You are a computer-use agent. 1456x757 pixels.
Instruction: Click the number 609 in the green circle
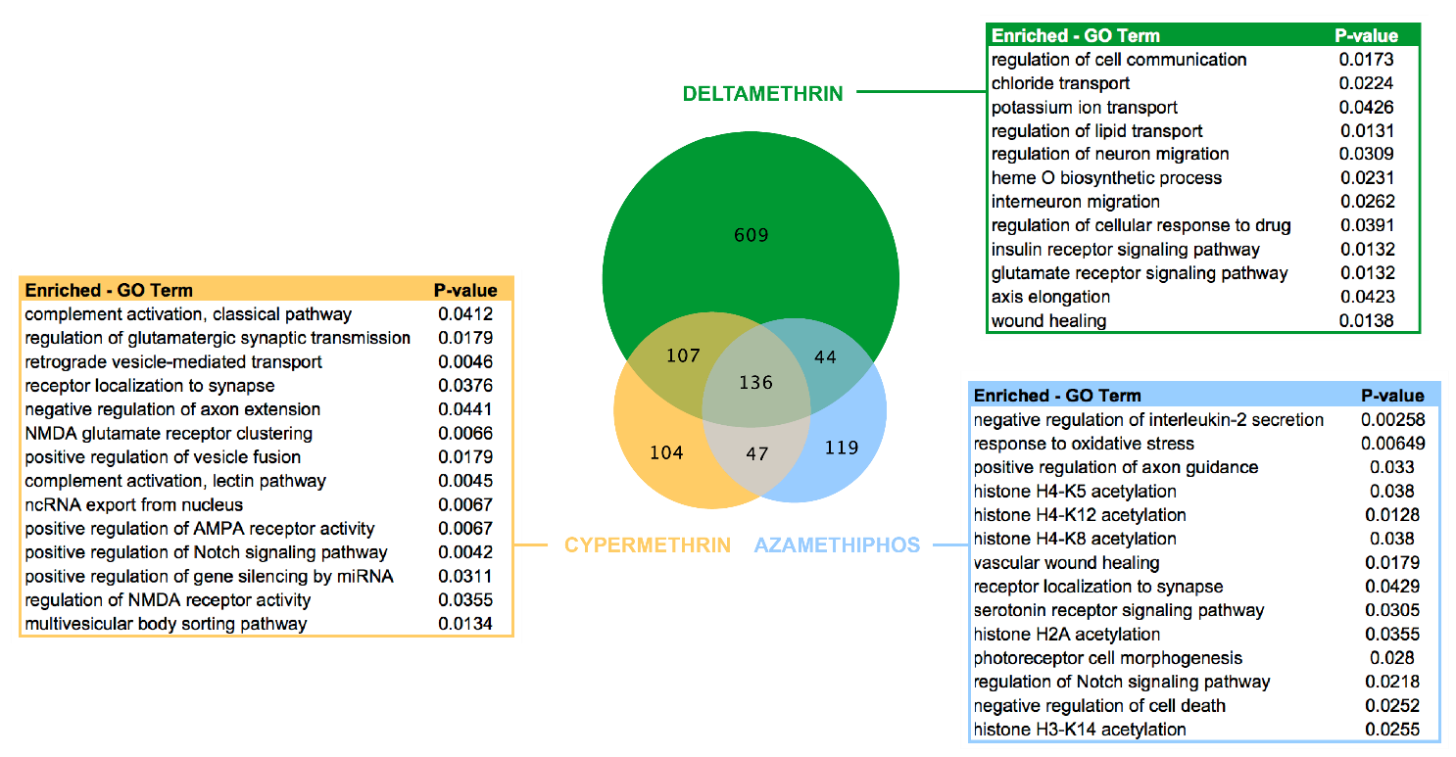click(x=752, y=235)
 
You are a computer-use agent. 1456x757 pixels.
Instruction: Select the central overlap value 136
click(x=756, y=383)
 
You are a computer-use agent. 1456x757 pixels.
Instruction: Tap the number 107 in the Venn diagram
click(x=682, y=355)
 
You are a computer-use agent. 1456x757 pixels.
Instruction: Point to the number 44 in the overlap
click(x=825, y=357)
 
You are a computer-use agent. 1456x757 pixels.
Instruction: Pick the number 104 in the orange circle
click(x=665, y=452)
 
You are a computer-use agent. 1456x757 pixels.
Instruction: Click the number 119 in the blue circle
click(x=841, y=449)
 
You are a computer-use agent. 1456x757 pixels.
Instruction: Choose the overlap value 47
click(x=757, y=453)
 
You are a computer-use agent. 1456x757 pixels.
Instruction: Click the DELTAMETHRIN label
click(x=762, y=94)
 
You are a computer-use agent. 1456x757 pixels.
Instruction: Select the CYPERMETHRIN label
click(x=648, y=545)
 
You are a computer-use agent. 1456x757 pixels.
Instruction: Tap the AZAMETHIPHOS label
click(x=837, y=545)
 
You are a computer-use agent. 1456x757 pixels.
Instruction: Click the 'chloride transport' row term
click(x=1060, y=83)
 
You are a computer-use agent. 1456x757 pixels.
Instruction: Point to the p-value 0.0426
click(x=1366, y=107)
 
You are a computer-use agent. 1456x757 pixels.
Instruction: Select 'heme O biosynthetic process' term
click(x=1106, y=178)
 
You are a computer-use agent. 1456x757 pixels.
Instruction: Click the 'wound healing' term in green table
click(x=1048, y=321)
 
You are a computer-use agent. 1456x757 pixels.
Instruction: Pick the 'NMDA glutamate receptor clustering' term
click(x=169, y=433)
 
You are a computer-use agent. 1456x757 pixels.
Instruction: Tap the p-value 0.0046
click(x=465, y=361)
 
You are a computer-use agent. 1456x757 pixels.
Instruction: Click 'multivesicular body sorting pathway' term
click(x=166, y=624)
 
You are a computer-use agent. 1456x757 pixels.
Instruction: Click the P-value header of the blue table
click(x=1392, y=396)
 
